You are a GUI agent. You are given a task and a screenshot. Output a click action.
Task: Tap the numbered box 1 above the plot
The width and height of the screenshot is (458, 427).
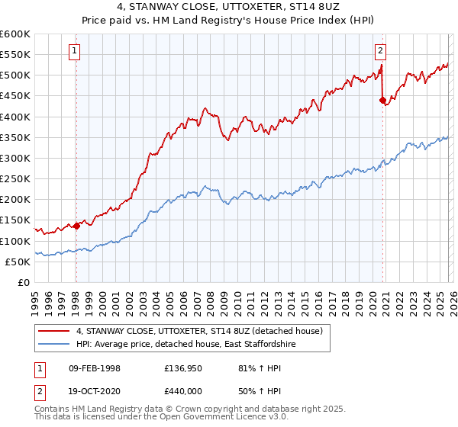pyautogui.click(x=76, y=51)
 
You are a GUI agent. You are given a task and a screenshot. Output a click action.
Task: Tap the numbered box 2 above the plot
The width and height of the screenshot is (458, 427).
pyautogui.click(x=380, y=51)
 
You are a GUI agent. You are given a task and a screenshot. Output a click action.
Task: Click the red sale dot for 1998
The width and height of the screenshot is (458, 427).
pyautogui.click(x=76, y=225)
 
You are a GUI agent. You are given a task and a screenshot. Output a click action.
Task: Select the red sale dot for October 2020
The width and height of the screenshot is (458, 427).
pyautogui.click(x=382, y=99)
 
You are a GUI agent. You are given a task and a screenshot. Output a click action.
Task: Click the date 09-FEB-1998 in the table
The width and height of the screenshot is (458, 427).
pyautogui.click(x=95, y=368)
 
